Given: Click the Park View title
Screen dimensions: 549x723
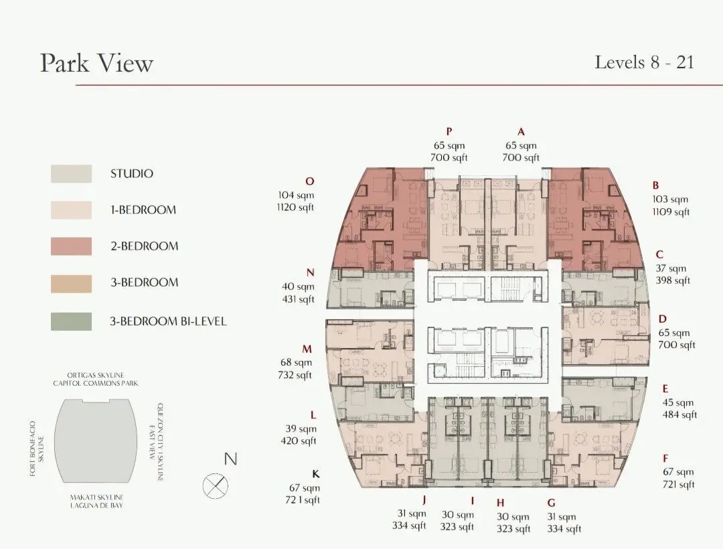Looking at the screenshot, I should click(96, 63).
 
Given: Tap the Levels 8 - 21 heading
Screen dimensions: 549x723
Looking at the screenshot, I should click(644, 62).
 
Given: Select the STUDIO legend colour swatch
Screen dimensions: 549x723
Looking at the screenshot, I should click(71, 173).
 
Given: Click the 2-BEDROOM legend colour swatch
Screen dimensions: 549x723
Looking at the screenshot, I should click(71, 246).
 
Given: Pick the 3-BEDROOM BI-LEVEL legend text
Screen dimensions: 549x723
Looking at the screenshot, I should click(168, 321).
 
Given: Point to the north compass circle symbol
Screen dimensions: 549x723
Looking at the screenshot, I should click(216, 485).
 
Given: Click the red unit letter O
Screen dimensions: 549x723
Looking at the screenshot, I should click(309, 181).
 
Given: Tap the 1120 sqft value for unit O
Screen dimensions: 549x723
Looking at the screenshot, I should click(296, 208).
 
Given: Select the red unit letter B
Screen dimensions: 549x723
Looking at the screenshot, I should click(656, 185).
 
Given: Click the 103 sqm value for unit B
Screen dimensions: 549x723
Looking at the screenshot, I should click(670, 200).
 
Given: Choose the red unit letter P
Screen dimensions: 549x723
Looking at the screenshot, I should click(449, 131).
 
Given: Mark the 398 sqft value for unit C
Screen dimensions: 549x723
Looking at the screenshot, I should click(672, 281).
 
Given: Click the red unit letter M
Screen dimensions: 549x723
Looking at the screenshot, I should click(307, 349).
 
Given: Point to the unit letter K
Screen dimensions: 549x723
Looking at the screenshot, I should click(316, 474).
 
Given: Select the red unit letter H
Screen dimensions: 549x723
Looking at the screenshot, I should click(500, 503).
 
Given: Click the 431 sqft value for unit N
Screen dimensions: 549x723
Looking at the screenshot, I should click(297, 299).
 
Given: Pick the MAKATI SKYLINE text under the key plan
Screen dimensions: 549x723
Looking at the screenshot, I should click(97, 497).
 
